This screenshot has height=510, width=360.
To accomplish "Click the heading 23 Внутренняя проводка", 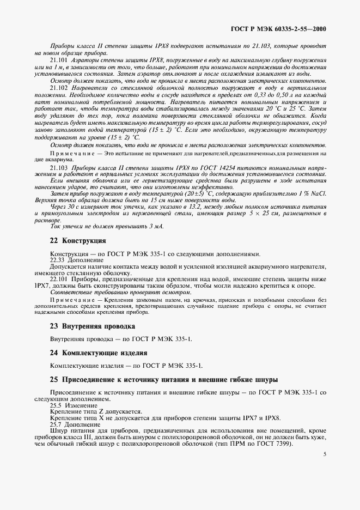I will point(84,326).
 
